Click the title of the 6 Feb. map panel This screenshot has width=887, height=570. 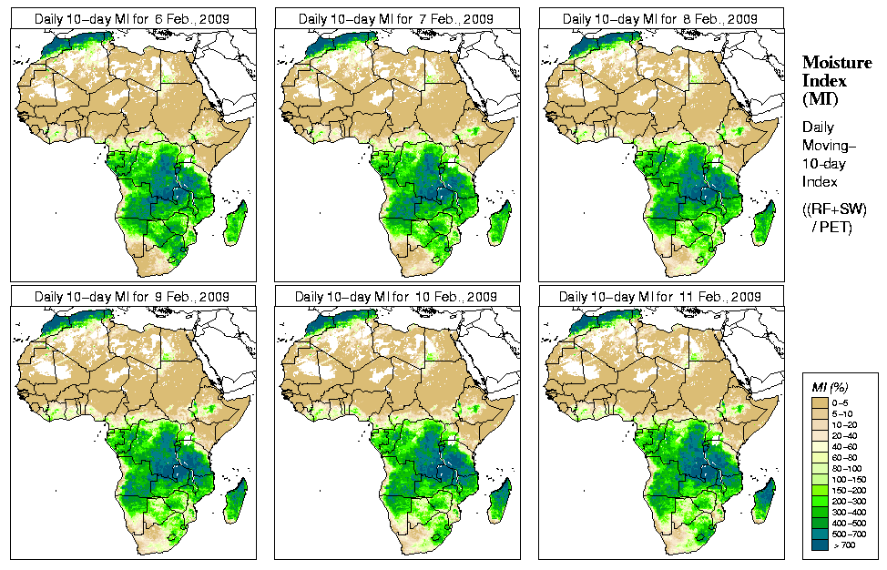click(133, 18)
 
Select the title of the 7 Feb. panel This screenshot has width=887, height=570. click(396, 18)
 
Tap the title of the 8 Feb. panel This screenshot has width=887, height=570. click(660, 18)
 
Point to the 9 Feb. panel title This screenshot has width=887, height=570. click(132, 297)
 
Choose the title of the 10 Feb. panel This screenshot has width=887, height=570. click(396, 297)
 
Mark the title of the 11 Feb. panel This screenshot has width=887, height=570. click(660, 297)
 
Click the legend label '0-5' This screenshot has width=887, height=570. click(842, 402)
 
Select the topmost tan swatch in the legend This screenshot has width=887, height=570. click(819, 402)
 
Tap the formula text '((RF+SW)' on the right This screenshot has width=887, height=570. click(834, 209)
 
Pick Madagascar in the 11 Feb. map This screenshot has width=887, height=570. click(765, 503)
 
